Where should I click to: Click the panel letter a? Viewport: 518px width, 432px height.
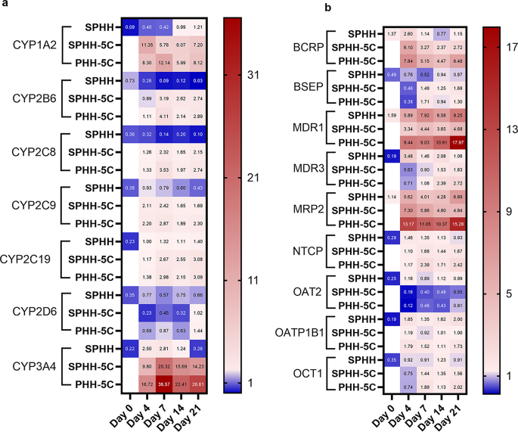5,7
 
